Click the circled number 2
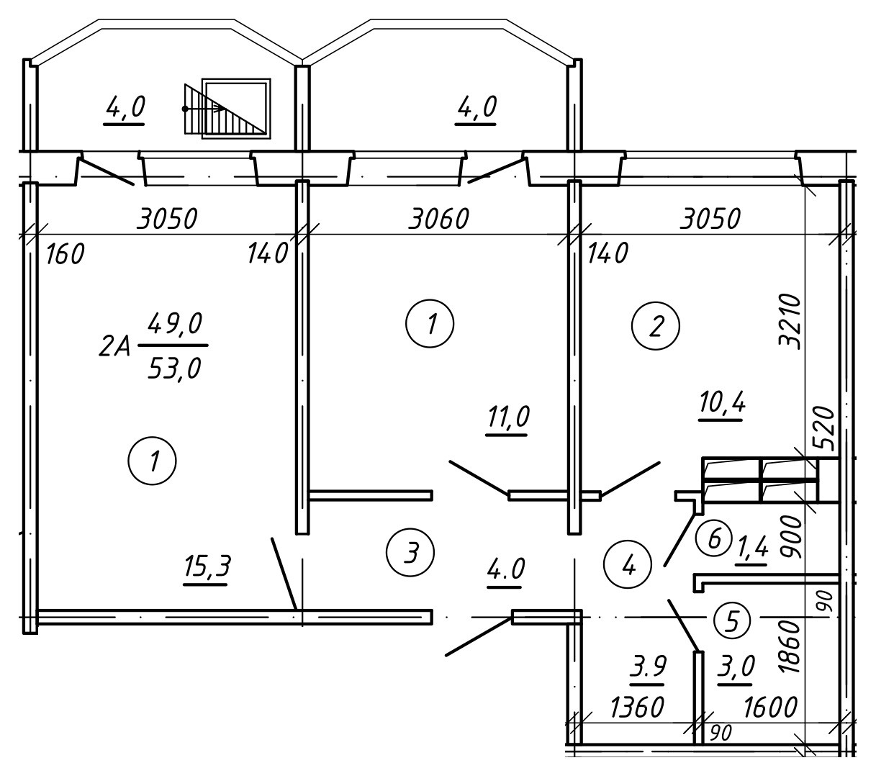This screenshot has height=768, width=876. (x=656, y=325)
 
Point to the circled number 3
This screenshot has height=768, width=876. (x=410, y=552)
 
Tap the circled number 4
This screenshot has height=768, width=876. (x=628, y=564)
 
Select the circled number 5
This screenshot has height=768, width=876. (x=733, y=621)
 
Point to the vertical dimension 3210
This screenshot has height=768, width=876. (x=790, y=321)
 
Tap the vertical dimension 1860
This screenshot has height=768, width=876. (x=790, y=646)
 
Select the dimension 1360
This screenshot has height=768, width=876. (x=636, y=708)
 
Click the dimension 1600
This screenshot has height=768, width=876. (x=770, y=708)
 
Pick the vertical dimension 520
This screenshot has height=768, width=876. (x=823, y=428)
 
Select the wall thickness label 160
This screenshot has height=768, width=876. (x=65, y=254)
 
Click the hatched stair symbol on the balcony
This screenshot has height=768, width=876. (x=225, y=109)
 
